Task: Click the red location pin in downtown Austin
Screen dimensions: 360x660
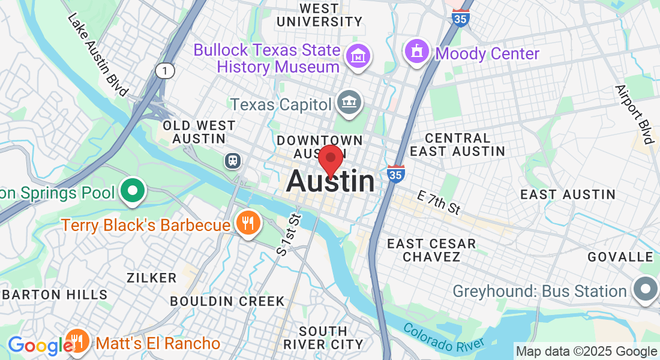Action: [330, 160]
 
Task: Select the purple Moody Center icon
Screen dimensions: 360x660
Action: [417, 52]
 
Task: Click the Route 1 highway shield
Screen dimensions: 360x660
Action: [164, 71]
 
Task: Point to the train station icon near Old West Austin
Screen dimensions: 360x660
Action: [232, 160]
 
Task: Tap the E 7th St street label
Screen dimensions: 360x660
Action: [439, 202]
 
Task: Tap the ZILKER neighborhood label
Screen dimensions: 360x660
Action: [152, 278]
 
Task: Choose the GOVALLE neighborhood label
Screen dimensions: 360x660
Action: [620, 257]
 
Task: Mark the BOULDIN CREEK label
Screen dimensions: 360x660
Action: [227, 301]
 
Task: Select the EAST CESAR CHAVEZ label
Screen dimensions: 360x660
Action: [431, 250]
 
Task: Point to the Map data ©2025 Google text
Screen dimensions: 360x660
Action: [586, 352]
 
